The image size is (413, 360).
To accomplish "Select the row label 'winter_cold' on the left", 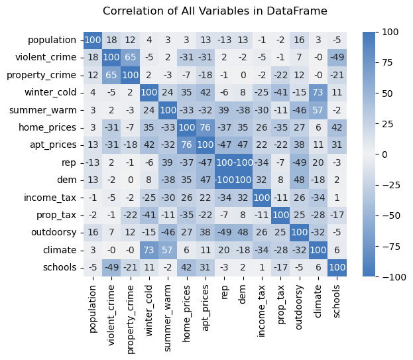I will point(56,91).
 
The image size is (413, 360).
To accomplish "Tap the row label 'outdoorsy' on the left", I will point(59,231).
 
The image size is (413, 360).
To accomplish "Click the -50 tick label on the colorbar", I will point(390,215).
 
